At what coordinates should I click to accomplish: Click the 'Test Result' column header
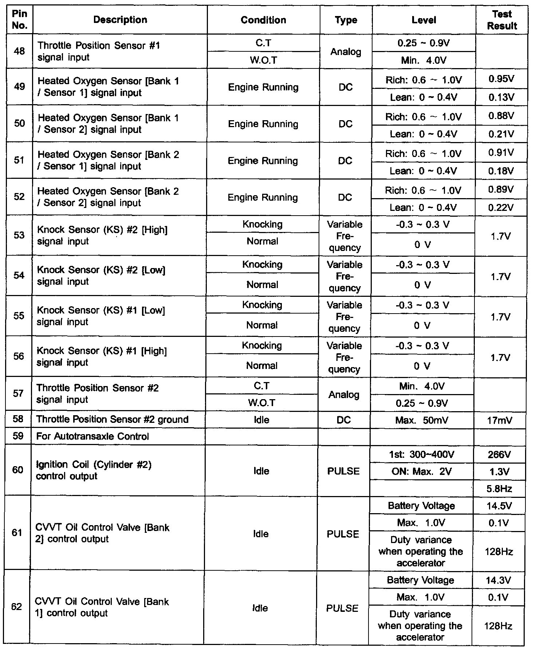point(502,20)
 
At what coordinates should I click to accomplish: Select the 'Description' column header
point(120,20)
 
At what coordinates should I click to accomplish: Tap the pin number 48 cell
point(20,51)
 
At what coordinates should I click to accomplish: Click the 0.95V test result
point(501,79)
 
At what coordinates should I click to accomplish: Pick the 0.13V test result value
point(501,97)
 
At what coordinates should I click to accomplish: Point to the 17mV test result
point(500,421)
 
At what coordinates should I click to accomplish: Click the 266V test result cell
point(499,455)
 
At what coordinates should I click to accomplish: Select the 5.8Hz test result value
point(499,489)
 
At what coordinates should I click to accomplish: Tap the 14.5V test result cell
point(499,506)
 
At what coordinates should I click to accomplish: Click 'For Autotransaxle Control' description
point(92,436)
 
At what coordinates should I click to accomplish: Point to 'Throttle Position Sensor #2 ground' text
point(112,420)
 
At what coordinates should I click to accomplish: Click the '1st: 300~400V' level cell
point(422,455)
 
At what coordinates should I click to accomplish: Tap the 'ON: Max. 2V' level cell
point(422,472)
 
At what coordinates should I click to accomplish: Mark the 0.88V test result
point(501,116)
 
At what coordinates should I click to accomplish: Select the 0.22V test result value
point(501,208)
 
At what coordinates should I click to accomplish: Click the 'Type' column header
point(346,20)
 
